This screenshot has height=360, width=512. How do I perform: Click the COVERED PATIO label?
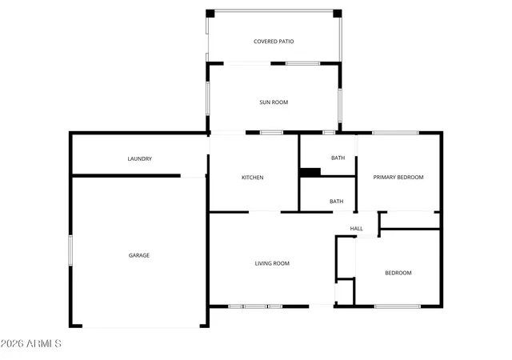274,42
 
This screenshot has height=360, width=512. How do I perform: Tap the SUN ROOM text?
274,102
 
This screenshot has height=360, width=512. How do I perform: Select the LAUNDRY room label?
140,158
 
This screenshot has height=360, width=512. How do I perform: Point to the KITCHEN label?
253,178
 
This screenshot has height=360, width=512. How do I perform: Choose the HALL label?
357,228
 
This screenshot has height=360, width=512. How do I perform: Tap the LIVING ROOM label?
272,263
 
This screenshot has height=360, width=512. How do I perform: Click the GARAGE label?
139,255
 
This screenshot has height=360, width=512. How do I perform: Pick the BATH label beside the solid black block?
338,158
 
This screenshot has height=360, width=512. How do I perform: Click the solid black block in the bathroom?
310,172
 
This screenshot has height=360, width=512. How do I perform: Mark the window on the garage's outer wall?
70,250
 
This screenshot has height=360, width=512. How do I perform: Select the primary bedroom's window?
395,133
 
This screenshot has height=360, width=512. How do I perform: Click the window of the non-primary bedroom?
398,306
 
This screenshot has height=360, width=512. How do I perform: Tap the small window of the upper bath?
329,132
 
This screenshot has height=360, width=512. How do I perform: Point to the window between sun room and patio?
303,63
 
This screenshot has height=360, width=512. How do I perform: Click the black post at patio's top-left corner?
210,14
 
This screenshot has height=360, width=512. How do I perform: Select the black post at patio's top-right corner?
338,14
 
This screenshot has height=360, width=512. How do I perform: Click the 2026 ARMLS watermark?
31,343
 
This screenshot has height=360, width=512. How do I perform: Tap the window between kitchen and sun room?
272,132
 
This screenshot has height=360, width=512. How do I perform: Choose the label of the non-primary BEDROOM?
398,273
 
